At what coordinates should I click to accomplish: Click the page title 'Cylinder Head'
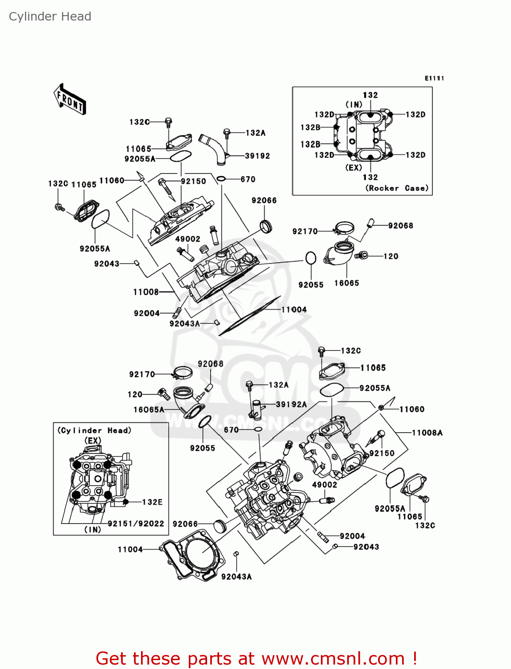50,17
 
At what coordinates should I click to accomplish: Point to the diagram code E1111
434,78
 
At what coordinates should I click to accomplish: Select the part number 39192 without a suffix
257,156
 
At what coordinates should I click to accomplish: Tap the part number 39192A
291,404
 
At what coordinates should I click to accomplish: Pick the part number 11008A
427,433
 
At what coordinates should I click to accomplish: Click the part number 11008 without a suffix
146,292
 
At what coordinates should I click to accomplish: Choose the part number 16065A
149,409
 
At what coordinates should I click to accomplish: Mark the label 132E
152,502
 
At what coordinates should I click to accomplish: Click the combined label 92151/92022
136,523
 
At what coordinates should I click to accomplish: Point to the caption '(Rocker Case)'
397,188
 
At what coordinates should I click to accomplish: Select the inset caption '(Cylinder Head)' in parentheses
94,430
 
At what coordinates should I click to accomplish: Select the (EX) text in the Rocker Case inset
354,167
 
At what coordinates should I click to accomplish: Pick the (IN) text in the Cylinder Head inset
93,529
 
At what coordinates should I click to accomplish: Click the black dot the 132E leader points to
126,502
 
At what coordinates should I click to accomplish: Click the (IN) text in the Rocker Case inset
354,104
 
